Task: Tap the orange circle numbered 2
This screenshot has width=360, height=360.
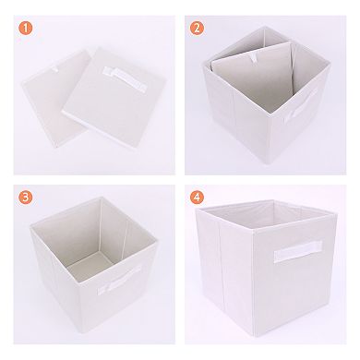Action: click(196, 26)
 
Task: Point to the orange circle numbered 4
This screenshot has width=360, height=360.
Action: click(196, 196)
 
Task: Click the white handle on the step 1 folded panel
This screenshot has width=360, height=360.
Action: click(126, 75)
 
